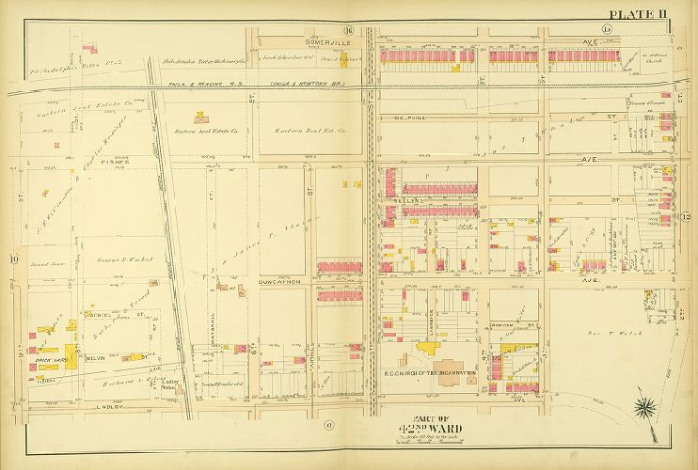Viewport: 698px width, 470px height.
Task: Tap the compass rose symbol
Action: coord(648,408)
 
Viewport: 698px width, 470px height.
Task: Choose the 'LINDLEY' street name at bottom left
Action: coord(58,407)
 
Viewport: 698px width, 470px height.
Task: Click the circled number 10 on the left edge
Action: coord(14,258)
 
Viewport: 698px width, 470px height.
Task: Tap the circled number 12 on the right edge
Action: coord(686,218)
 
